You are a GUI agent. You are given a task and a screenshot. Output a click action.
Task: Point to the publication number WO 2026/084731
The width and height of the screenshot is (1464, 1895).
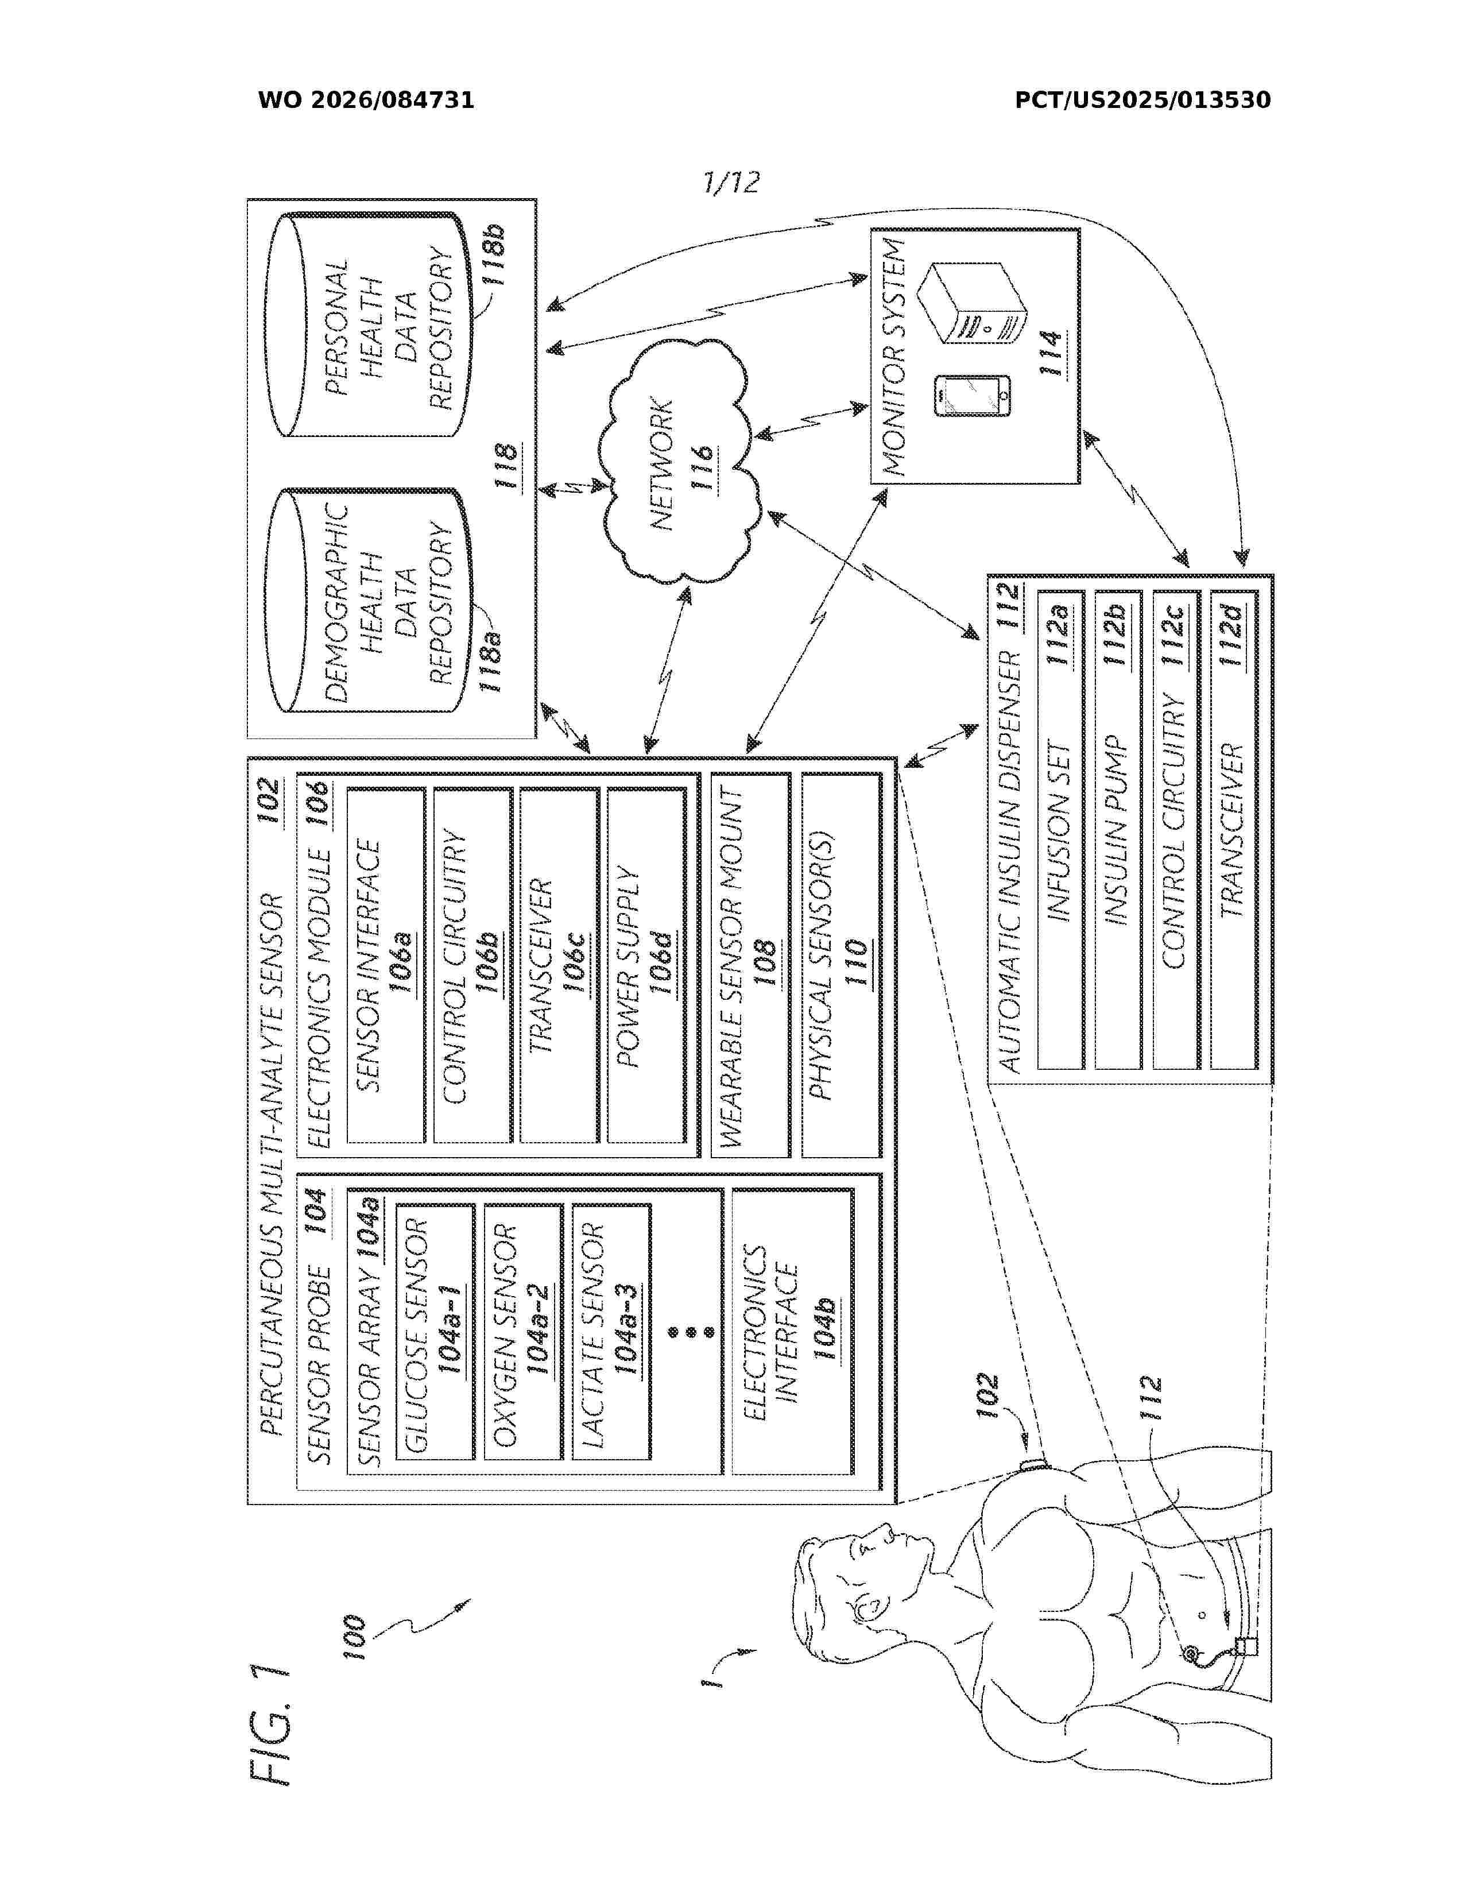[366, 100]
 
